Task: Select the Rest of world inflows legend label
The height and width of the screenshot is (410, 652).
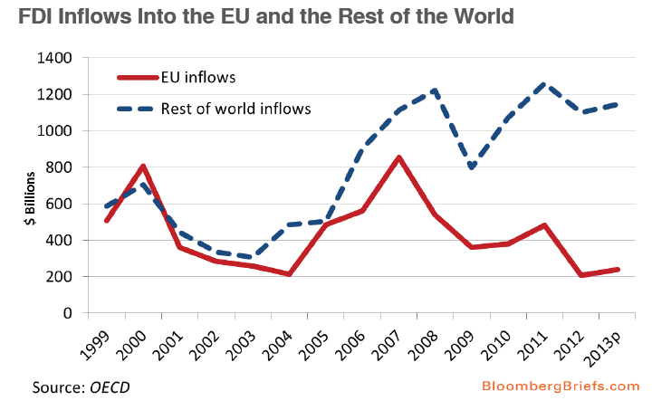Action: coord(235,109)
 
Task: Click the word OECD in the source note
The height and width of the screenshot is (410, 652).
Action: coord(110,388)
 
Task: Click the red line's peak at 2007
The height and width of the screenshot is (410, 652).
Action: coord(399,157)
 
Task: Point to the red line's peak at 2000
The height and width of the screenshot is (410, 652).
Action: coord(143,167)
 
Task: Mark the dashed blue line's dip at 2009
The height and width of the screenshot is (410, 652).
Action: coord(472,167)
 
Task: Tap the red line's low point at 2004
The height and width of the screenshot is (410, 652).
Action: coord(289,274)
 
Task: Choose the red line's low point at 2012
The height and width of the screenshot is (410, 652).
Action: coord(581,275)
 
